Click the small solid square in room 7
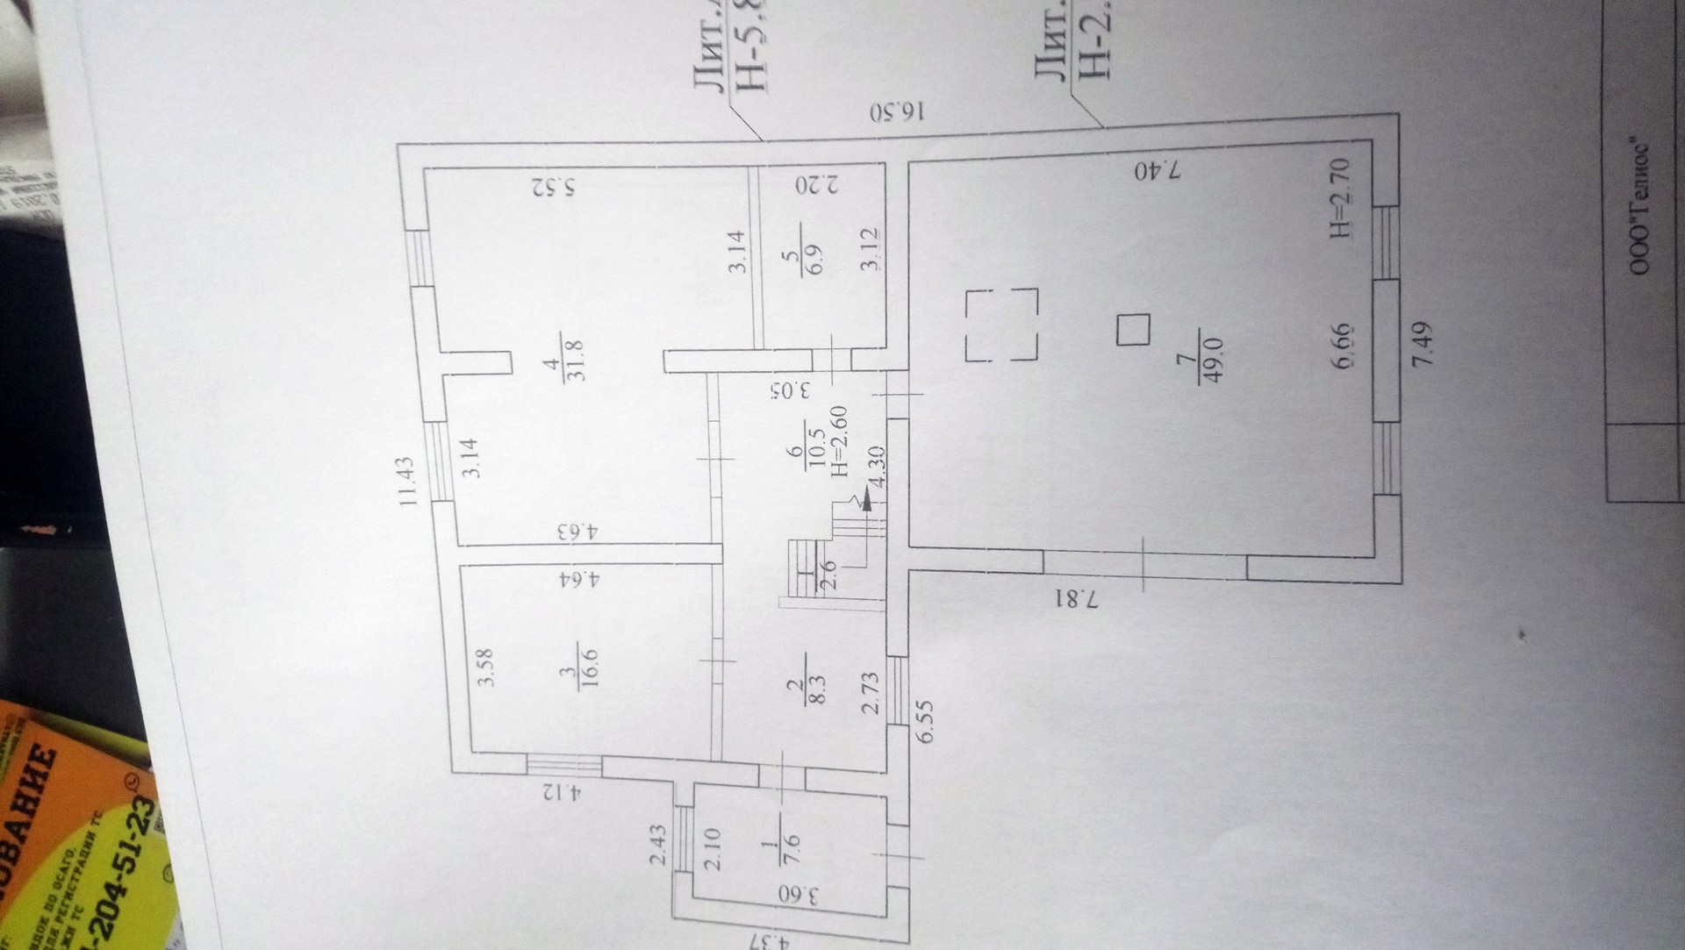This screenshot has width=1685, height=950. tap(1133, 331)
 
